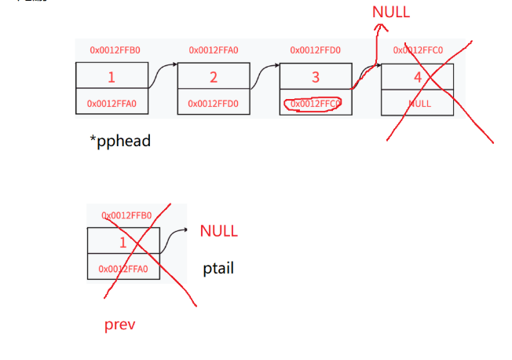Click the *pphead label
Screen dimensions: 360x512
click(x=120, y=142)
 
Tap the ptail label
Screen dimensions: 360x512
click(x=218, y=269)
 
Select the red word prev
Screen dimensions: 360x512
click(x=119, y=324)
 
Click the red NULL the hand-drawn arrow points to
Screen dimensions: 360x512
click(x=390, y=13)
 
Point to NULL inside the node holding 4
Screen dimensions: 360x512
click(x=419, y=103)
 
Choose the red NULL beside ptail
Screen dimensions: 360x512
click(x=218, y=231)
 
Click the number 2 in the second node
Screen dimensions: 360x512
click(x=213, y=77)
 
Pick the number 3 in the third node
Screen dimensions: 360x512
click(x=316, y=77)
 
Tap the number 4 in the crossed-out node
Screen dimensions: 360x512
click(x=417, y=77)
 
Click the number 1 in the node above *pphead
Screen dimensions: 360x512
click(x=112, y=77)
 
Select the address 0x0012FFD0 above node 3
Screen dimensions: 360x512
click(x=315, y=50)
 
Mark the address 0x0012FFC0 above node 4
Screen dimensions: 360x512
click(x=418, y=50)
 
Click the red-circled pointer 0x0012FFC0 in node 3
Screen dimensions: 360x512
click(x=315, y=103)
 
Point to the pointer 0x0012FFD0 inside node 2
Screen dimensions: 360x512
click(x=214, y=103)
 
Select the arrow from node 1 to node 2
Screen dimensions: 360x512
click(x=163, y=72)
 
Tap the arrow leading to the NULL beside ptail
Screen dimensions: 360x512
click(x=174, y=232)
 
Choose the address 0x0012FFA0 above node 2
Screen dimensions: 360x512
click(x=214, y=50)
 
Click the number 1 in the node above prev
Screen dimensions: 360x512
click(x=123, y=242)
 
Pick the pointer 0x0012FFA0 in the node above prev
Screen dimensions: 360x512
click(x=123, y=269)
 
